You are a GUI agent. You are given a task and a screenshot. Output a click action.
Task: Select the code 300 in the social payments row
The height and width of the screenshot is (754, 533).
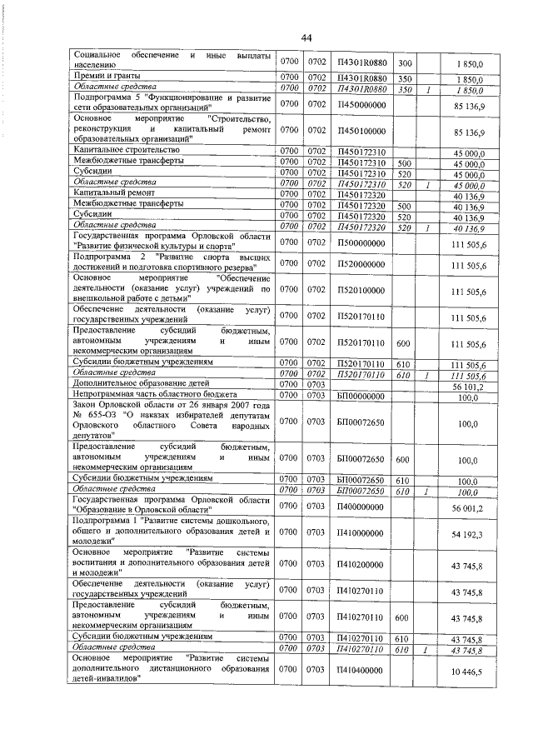[x=406, y=63]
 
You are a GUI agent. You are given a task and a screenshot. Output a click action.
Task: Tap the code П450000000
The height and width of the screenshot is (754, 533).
[x=361, y=105]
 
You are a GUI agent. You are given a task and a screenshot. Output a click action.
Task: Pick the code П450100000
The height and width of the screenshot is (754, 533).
[x=361, y=132]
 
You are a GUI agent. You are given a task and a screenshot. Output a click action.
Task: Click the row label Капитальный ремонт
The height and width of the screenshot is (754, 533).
[x=105, y=192]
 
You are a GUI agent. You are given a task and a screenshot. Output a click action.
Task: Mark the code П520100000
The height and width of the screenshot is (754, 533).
[x=361, y=291]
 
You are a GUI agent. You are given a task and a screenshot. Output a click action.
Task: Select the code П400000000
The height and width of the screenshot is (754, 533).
[x=361, y=505]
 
